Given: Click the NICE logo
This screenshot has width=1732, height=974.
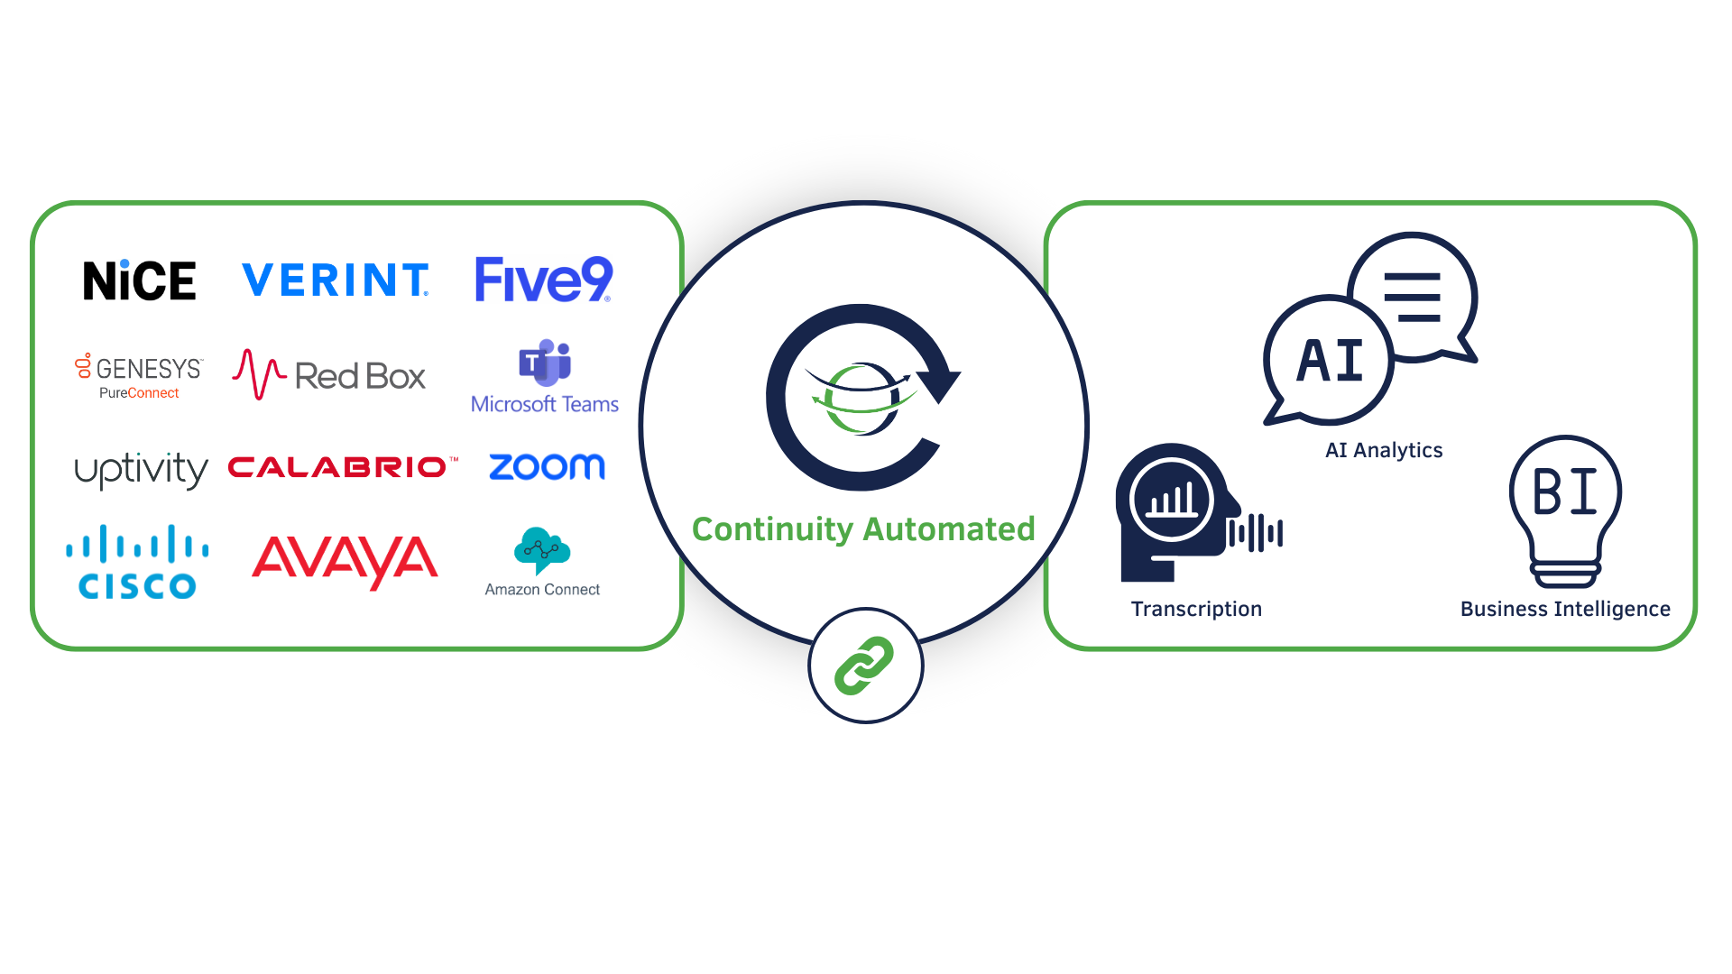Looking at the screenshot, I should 139,280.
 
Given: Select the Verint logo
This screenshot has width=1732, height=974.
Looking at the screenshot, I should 336,280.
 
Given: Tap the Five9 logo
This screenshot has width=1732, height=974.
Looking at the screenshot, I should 543,280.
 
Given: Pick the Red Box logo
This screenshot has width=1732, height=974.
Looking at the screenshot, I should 329,375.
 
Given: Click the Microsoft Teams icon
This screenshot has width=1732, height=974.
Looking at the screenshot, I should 545,363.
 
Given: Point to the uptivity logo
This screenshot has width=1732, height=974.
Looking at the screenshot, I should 141,469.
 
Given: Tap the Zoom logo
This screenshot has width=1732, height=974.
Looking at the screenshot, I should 547,466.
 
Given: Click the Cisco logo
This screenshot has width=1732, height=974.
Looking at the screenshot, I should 137,563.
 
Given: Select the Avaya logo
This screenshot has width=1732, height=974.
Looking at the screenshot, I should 345,561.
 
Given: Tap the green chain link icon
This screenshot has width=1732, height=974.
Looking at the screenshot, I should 864,666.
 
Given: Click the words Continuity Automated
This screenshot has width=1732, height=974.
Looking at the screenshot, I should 863,529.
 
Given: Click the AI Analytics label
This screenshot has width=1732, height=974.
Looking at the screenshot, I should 1384,450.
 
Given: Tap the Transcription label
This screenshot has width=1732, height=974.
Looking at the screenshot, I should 1196,609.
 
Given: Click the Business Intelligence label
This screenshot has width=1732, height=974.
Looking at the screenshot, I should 1565,609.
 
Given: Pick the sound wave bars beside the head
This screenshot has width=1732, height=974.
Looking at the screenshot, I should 1256,533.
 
